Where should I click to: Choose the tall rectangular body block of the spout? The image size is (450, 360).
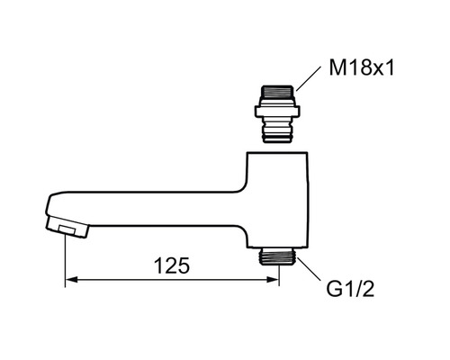click(x=278, y=198)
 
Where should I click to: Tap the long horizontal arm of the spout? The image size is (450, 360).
click(x=153, y=207)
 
